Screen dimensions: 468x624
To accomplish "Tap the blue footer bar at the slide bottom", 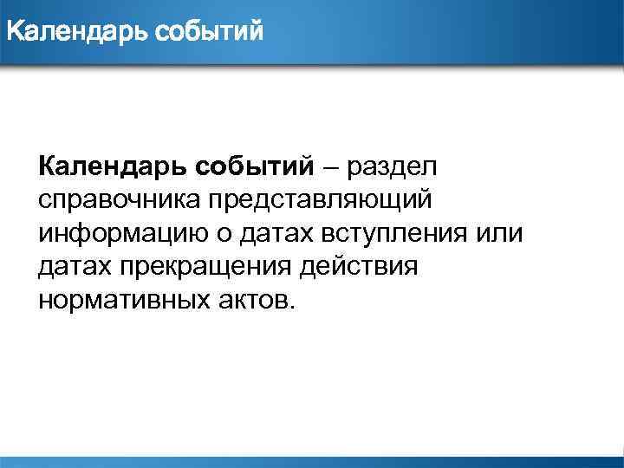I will pos(312,462).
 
